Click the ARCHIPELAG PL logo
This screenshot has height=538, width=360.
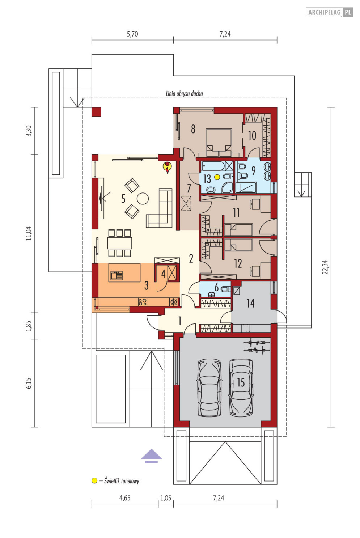tap(329, 12)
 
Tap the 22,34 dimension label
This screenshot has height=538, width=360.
tap(325, 267)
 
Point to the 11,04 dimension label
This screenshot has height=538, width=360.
tap(29, 233)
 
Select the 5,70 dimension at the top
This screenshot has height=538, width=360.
tap(132, 34)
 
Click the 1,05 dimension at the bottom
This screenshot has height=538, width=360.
tap(166, 498)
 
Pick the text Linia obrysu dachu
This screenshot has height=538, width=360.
tap(184, 93)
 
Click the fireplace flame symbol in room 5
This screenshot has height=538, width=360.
tap(167, 168)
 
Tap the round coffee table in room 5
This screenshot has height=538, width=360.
tap(143, 199)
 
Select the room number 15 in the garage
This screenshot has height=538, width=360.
tap(241, 382)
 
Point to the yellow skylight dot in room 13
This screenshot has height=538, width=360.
tap(217, 177)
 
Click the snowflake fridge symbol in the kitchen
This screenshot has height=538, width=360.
tap(174, 302)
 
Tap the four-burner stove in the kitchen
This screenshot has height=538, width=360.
tap(143, 302)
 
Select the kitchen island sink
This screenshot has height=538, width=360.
tap(117, 275)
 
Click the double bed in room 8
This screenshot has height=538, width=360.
tap(219, 143)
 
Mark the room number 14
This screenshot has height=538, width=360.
tap(250, 303)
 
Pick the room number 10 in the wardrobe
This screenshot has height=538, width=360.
tap(252, 136)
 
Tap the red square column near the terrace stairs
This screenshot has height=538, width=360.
tap(96, 112)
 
